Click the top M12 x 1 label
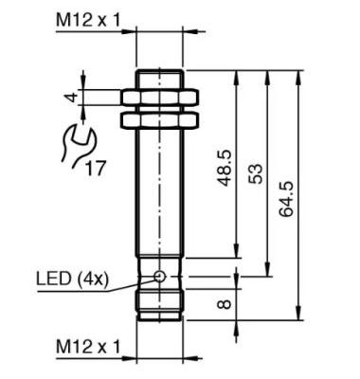tap(88, 21)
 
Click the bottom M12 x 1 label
tap(88, 347)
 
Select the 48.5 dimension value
tap(225, 168)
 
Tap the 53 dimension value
tap(255, 173)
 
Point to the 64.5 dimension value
tap(286, 199)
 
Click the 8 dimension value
tap(225, 304)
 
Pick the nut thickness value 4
tap(73, 97)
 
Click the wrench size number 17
tap(95, 169)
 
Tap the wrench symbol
tap(79, 146)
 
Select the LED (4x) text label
tap(72, 279)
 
